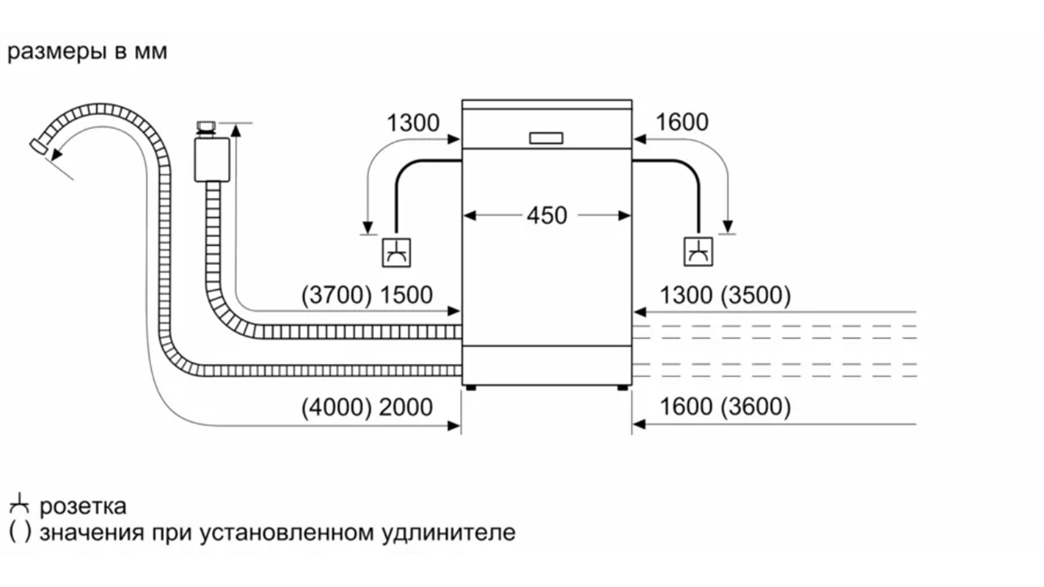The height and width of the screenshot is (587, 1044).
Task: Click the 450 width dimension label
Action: [547, 216]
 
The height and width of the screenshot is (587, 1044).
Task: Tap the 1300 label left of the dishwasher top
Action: [412, 123]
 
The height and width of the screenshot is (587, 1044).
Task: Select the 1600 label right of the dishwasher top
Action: [682, 123]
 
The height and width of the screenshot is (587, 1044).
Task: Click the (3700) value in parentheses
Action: [337, 296]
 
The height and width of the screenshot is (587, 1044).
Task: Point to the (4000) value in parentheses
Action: [337, 407]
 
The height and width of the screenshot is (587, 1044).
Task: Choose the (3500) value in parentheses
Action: [756, 296]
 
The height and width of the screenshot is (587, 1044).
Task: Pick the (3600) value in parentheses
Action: [756, 407]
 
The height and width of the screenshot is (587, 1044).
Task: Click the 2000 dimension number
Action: [406, 407]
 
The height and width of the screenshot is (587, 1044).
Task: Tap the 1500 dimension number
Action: [406, 296]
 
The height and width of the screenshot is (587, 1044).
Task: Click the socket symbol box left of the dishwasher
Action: [397, 252]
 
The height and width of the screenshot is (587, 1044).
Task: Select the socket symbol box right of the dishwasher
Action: [698, 252]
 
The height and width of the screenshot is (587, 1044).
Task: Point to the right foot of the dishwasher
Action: [623, 388]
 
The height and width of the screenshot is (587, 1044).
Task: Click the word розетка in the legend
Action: [83, 506]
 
